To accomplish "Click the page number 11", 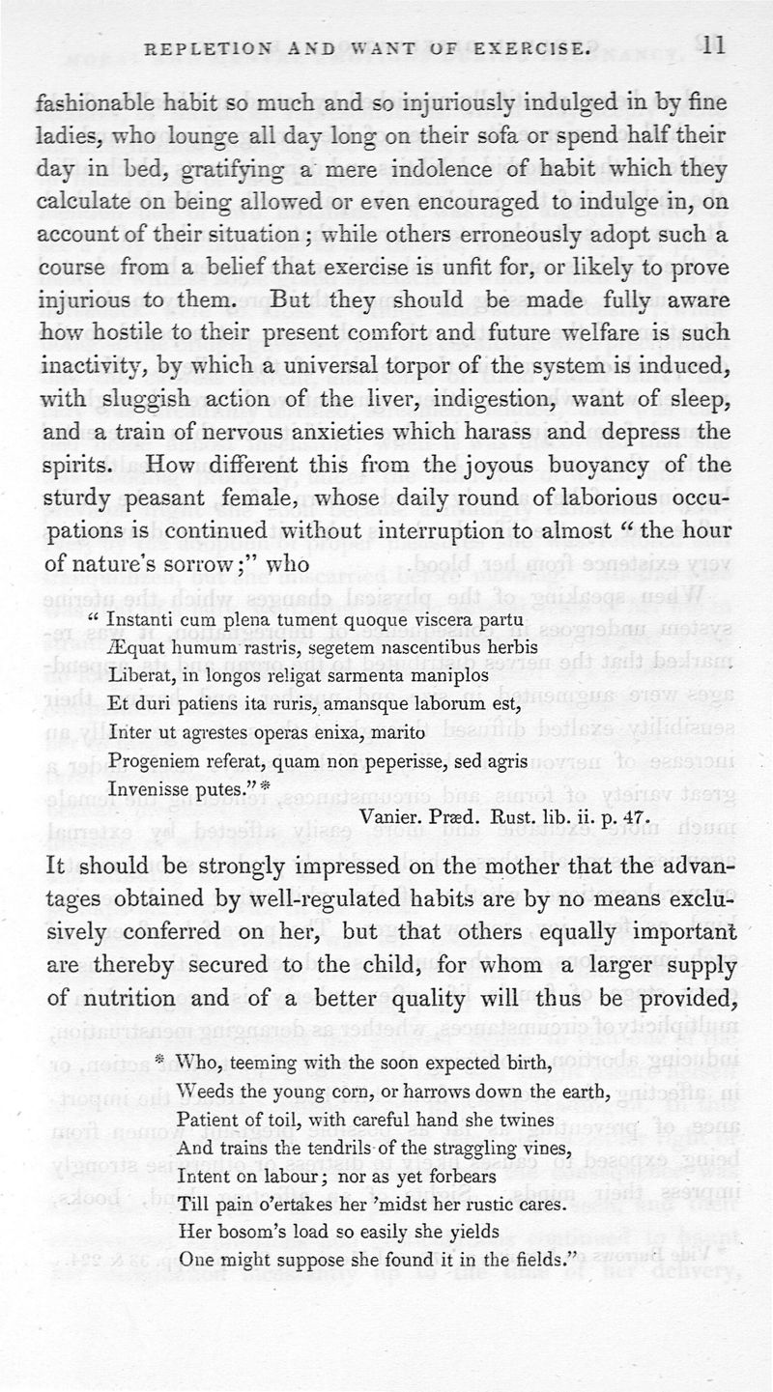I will [x=714, y=45].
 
